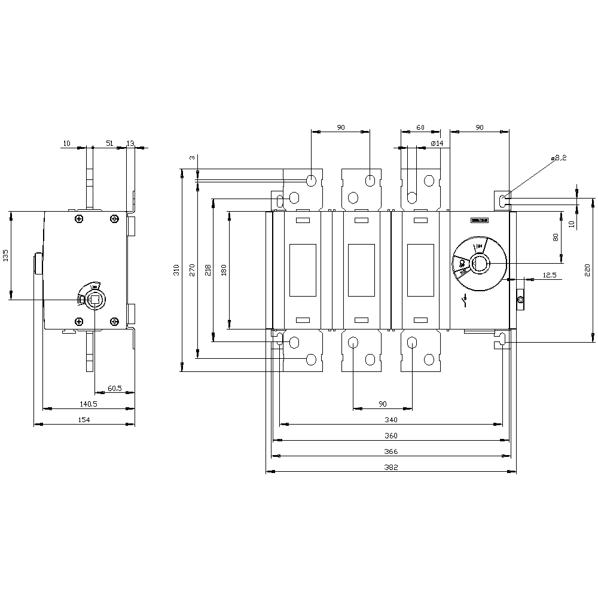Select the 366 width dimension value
pyautogui.click(x=391, y=451)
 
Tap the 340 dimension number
pyautogui.click(x=391, y=420)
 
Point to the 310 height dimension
pyautogui.click(x=176, y=270)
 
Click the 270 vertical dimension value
pyautogui.click(x=192, y=270)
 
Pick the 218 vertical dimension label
pyautogui.click(x=208, y=270)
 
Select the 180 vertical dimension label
pyautogui.click(x=224, y=270)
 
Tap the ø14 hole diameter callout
pyautogui.click(x=437, y=144)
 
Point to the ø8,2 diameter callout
pyautogui.click(x=560, y=157)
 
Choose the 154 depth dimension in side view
pyautogui.click(x=84, y=420)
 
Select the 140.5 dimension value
pyautogui.click(x=88, y=404)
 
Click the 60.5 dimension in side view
pyautogui.click(x=114, y=388)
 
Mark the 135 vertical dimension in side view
pyautogui.click(x=5, y=255)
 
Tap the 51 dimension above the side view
pyautogui.click(x=109, y=143)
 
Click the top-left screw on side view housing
pyautogui.click(x=79, y=219)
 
